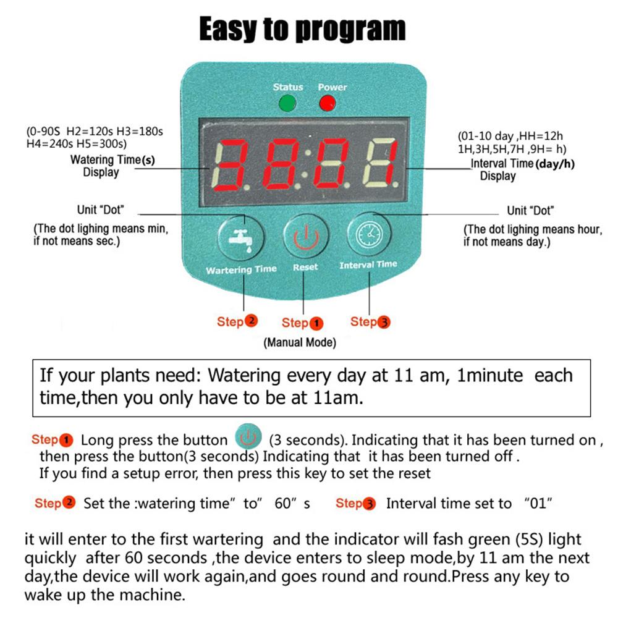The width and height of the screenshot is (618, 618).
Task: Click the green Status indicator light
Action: coord(287,104)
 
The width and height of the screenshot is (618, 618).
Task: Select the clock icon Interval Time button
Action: coord(370,234)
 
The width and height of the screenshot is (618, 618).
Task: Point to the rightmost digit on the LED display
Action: coord(379,164)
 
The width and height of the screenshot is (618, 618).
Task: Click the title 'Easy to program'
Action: coord(302,29)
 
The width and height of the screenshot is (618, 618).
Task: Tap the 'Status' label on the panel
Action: coord(288,87)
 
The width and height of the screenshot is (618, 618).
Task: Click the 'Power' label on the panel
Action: coord(332,87)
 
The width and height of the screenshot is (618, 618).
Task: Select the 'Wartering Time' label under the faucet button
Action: coord(241,269)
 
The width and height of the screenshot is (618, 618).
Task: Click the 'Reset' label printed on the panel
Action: coord(305,267)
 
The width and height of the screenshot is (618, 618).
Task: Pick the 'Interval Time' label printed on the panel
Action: coord(368,265)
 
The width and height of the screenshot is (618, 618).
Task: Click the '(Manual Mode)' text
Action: coord(300,342)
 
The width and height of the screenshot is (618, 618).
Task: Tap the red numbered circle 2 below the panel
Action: coord(251,321)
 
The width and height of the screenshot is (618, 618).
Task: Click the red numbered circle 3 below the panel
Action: coord(384,322)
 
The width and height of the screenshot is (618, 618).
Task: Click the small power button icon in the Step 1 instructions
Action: coord(248,436)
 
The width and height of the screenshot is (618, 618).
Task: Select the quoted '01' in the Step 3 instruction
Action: coord(538,503)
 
